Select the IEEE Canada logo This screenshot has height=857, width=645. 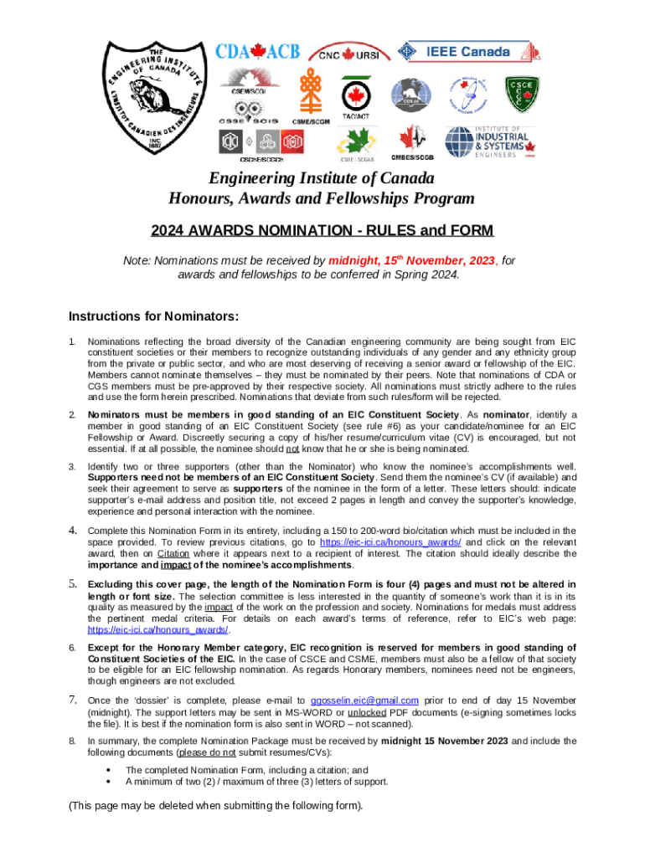coord(453,52)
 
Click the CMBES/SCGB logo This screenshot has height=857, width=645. coord(412,140)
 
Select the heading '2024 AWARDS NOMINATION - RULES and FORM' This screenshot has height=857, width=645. coord(322,230)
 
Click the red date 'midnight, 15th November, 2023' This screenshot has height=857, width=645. coord(411,261)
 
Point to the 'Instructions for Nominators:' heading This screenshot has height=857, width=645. coord(153,316)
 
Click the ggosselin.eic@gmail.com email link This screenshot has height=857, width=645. coord(364,700)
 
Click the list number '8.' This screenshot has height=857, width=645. coord(72,741)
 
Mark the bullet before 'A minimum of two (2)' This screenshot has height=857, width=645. coord(109,782)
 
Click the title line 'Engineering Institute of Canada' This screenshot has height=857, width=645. coord(322,178)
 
